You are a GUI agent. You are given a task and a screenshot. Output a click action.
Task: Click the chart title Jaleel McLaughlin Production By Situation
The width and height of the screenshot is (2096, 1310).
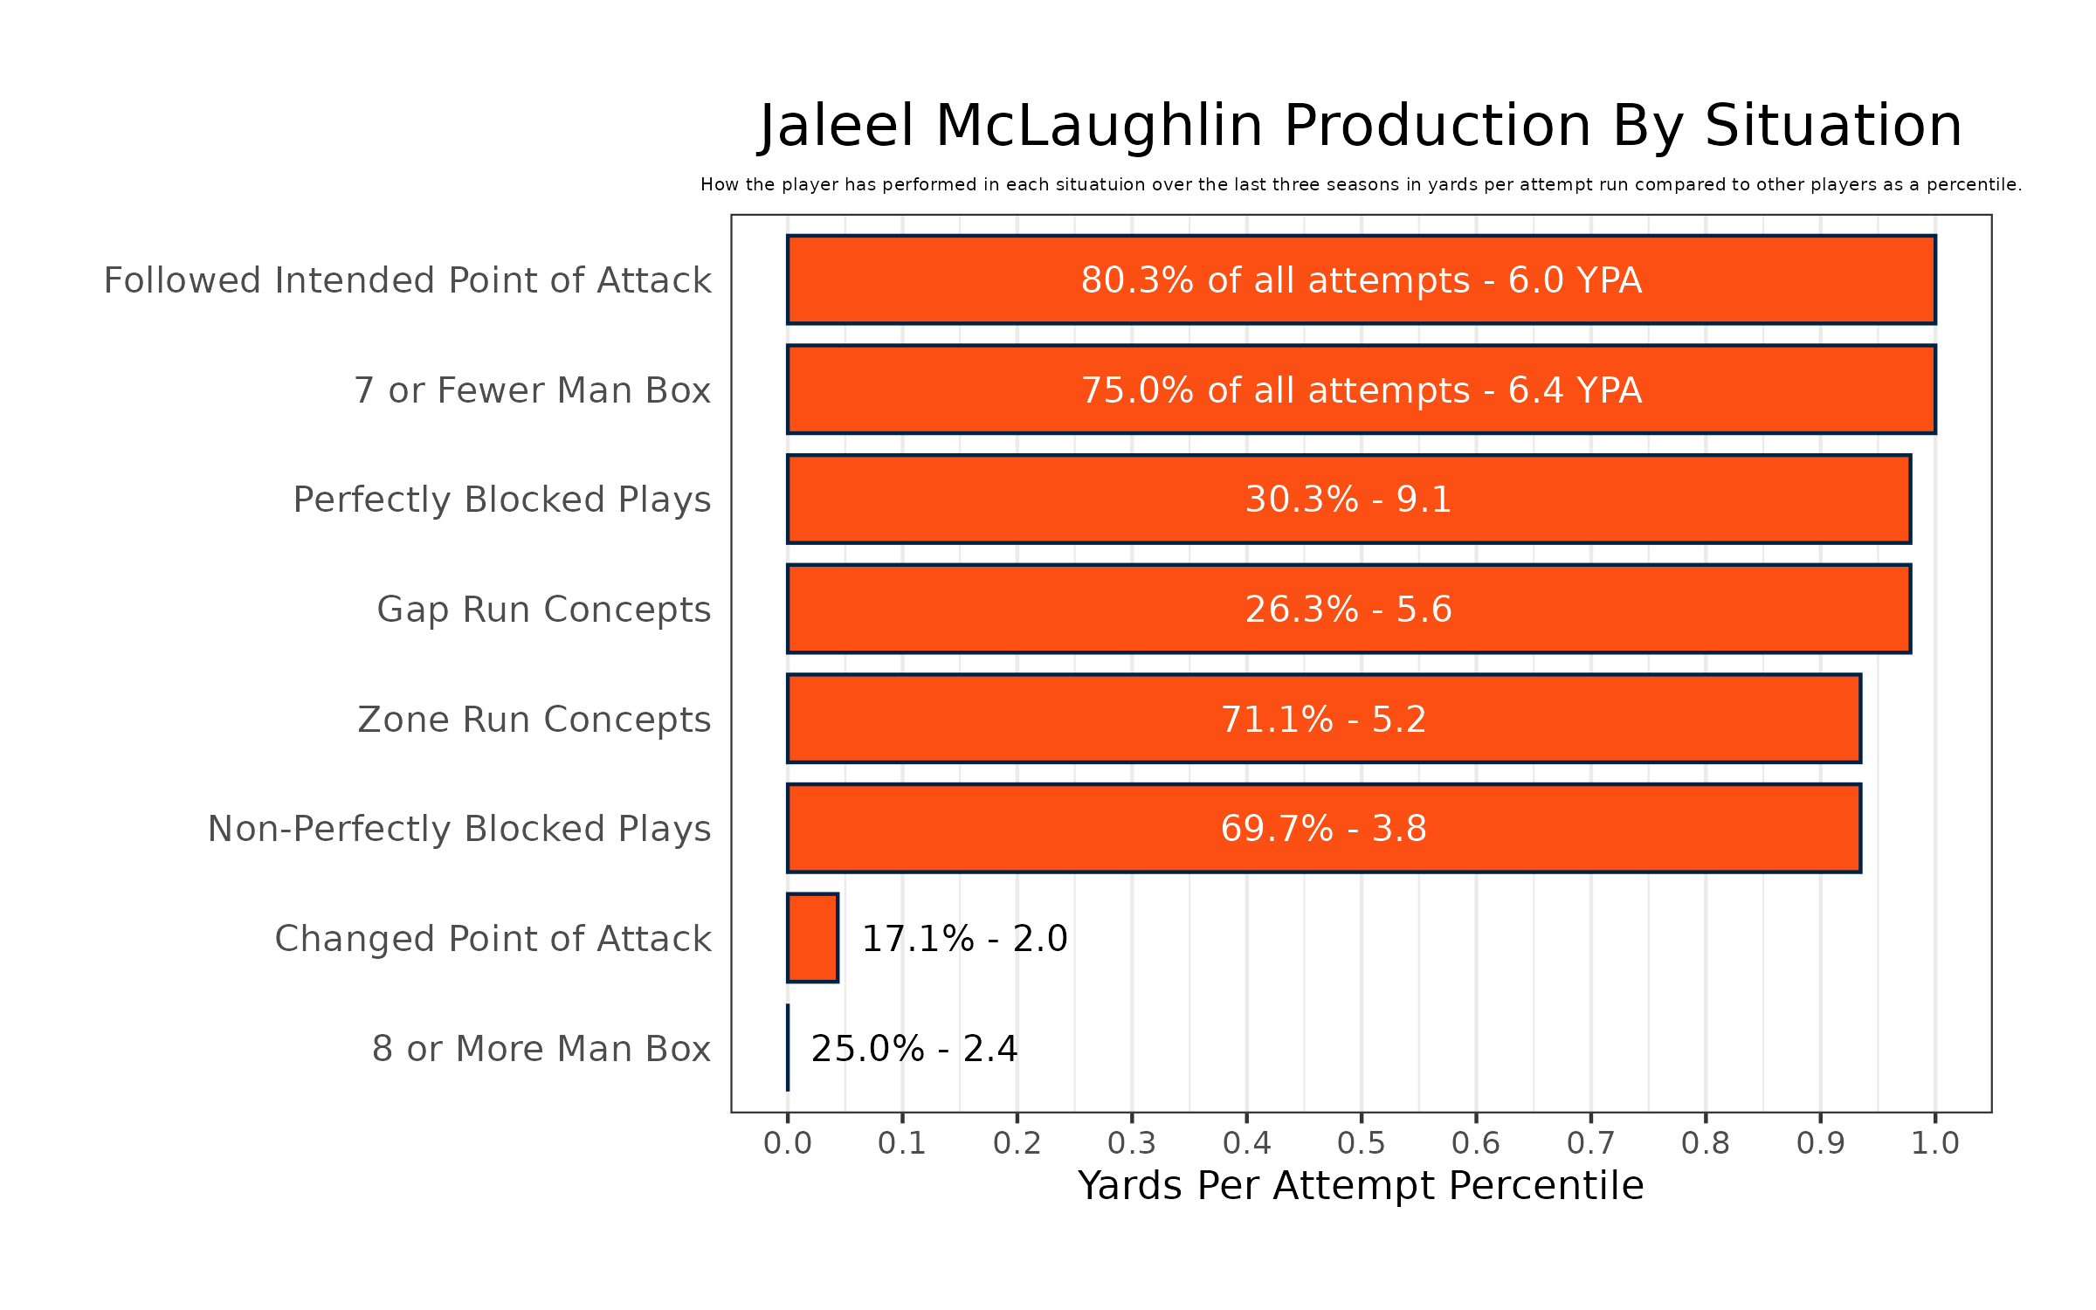(1361, 127)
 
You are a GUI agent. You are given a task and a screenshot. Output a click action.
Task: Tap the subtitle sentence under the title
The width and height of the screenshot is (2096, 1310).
(1361, 185)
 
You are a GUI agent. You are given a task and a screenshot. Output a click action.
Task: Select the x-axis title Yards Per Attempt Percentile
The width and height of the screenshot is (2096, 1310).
(1361, 1186)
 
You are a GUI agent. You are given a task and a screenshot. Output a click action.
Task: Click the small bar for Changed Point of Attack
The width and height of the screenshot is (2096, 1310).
(812, 938)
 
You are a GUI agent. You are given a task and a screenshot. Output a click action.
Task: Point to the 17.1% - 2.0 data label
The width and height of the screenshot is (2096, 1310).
(964, 939)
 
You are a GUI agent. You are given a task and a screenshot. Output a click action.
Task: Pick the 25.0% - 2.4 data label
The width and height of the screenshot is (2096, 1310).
(914, 1049)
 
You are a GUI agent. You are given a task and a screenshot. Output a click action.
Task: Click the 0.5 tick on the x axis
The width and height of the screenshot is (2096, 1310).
(1361, 1142)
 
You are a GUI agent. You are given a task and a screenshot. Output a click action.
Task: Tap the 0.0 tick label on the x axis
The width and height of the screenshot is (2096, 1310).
(787, 1142)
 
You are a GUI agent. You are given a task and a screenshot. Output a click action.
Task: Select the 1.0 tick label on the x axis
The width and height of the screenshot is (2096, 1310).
(1935, 1142)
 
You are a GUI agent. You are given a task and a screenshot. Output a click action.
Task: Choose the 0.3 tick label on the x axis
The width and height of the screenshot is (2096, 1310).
(1132, 1142)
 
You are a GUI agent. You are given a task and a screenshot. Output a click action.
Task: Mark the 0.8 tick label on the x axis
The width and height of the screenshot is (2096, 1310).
(1706, 1142)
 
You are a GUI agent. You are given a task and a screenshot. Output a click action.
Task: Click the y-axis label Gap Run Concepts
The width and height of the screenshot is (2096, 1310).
(543, 610)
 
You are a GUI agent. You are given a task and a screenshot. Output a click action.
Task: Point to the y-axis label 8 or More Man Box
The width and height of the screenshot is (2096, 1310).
(541, 1049)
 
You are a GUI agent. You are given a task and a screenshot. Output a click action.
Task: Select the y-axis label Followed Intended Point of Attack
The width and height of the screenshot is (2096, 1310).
(407, 280)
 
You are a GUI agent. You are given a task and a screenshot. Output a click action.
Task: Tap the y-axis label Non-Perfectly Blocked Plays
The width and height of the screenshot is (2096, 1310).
(459, 829)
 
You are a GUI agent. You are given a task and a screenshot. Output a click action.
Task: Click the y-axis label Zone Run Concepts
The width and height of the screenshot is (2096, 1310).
(534, 720)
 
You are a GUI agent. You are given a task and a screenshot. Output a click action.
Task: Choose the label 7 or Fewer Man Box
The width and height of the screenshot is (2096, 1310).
(532, 390)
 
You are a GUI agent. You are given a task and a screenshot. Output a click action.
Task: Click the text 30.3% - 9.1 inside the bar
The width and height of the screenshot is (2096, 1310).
(1348, 500)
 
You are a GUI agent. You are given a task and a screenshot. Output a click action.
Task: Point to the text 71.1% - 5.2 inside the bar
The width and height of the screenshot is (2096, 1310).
(1323, 720)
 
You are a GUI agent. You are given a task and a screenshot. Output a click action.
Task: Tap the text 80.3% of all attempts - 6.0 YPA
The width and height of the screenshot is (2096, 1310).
(1361, 280)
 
